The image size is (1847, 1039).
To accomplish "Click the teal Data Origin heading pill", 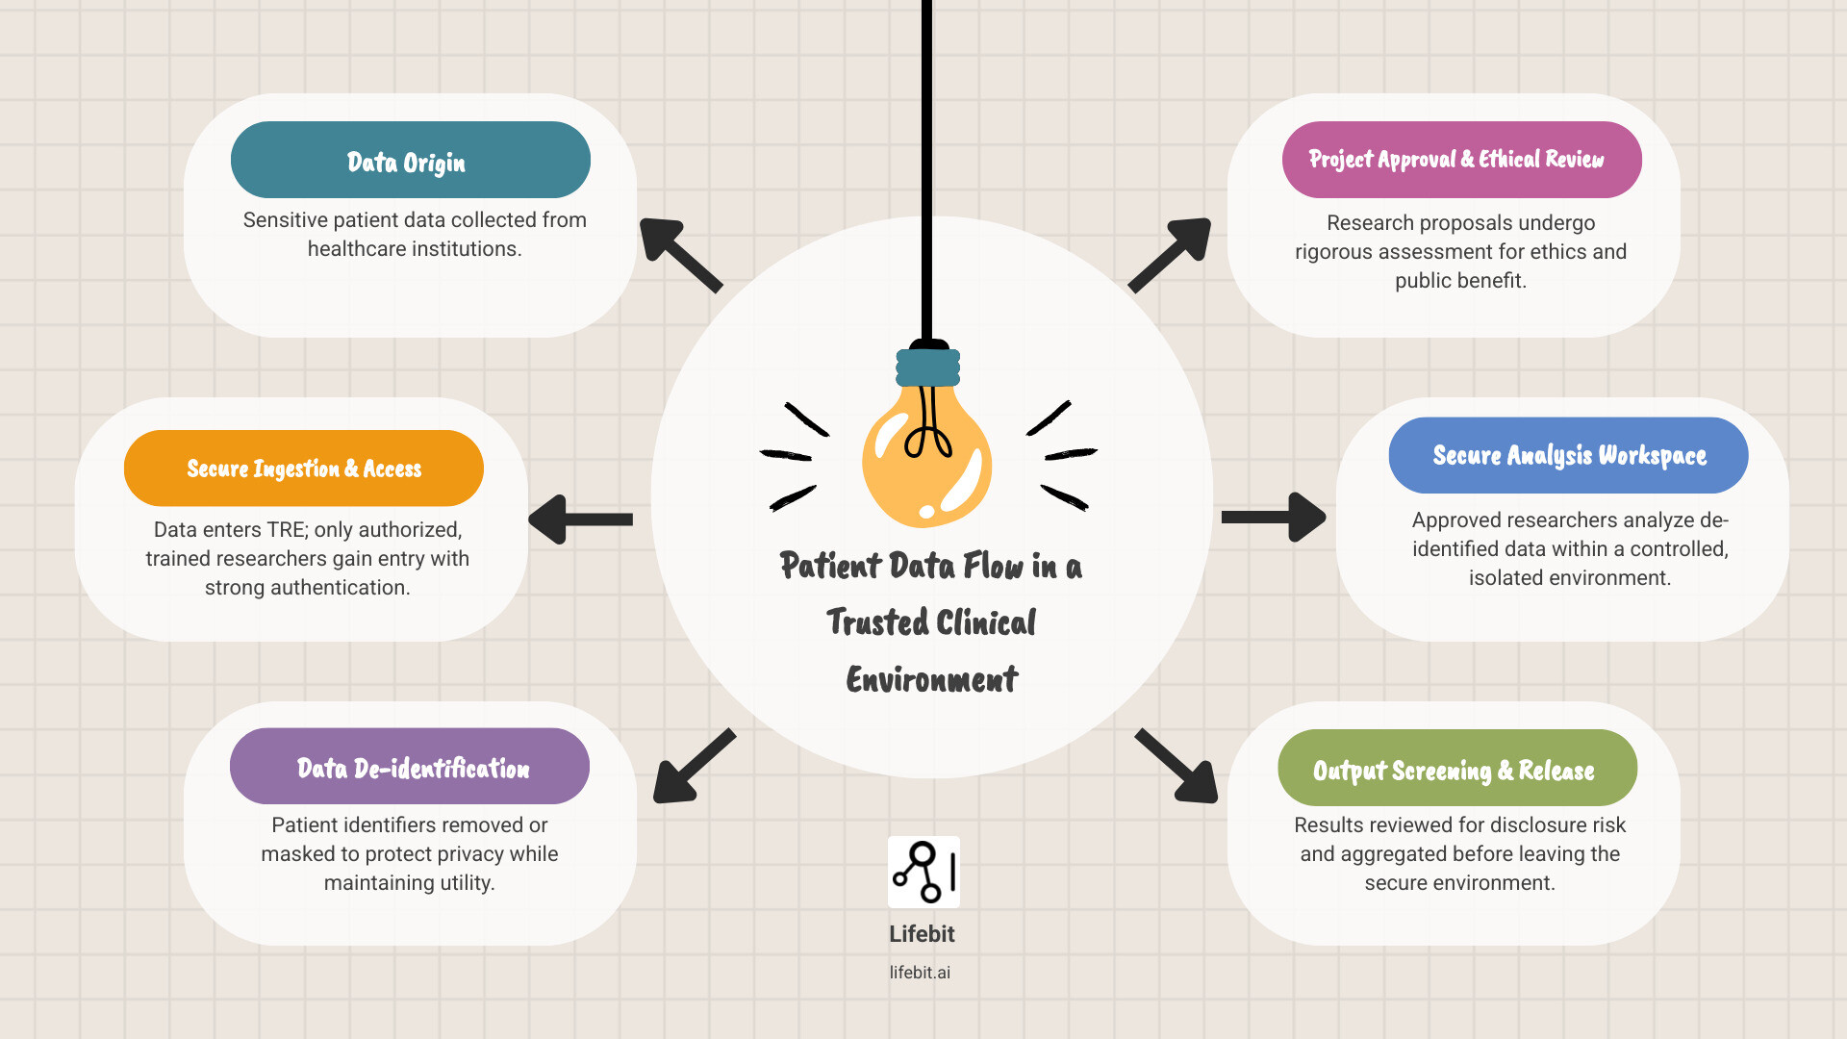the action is [x=410, y=160].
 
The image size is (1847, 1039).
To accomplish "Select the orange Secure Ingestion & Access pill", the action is [x=304, y=469].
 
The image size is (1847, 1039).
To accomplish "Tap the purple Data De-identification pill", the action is [x=410, y=767].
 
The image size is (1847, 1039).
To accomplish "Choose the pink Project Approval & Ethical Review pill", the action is [x=1461, y=160].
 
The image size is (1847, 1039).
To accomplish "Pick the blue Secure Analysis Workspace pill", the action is [x=1568, y=455].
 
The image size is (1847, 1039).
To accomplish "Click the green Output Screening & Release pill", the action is [x=1456, y=769].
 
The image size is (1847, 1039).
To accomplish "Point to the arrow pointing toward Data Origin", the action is [x=679, y=254].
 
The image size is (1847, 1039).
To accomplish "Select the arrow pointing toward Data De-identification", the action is [x=693, y=767].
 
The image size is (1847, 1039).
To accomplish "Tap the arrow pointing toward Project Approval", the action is [x=1171, y=253].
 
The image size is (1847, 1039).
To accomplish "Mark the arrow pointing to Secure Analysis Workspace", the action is [x=1274, y=518].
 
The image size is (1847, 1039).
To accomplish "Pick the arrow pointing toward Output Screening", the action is [x=1177, y=767].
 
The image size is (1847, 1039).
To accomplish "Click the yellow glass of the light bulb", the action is [x=925, y=462].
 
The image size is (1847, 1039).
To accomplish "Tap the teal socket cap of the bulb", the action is [x=927, y=367].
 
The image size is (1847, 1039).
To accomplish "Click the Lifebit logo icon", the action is [x=923, y=872].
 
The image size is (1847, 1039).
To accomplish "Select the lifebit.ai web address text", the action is [x=920, y=973].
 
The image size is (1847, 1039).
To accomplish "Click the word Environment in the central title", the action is [x=931, y=679].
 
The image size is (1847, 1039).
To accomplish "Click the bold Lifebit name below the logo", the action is [x=922, y=934].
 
